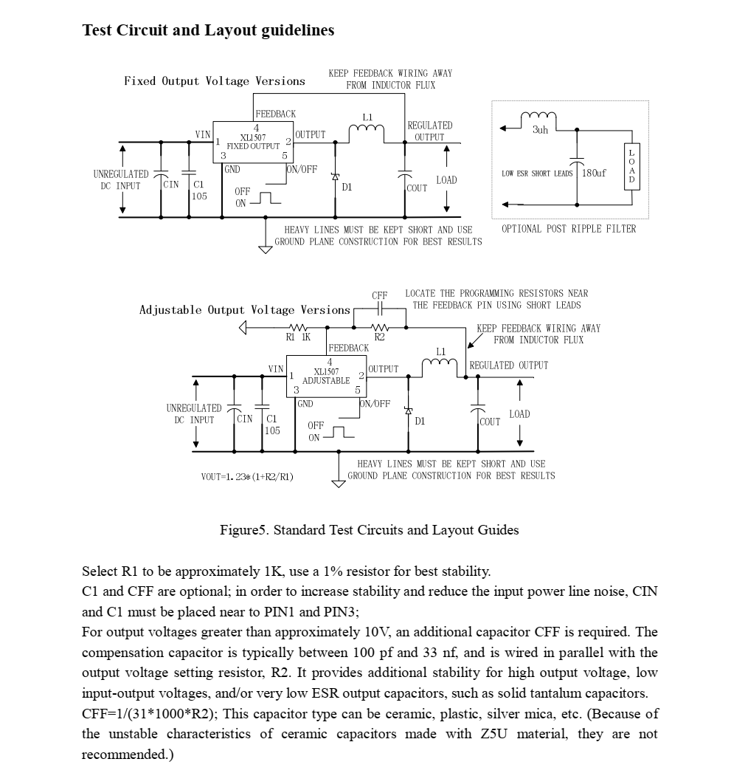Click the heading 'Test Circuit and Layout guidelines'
208,30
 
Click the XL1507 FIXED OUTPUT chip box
253,142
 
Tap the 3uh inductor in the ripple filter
539,118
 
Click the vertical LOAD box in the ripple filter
631,166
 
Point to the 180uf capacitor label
594,173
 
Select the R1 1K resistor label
298,337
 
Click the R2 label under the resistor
380,337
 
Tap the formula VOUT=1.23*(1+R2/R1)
246,477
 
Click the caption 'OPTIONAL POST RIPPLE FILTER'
569,229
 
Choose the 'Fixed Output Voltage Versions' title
214,81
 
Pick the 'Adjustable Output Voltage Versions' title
245,310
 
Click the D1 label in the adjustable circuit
420,422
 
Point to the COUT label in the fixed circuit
418,188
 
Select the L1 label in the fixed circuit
367,117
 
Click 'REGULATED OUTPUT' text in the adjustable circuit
509,365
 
